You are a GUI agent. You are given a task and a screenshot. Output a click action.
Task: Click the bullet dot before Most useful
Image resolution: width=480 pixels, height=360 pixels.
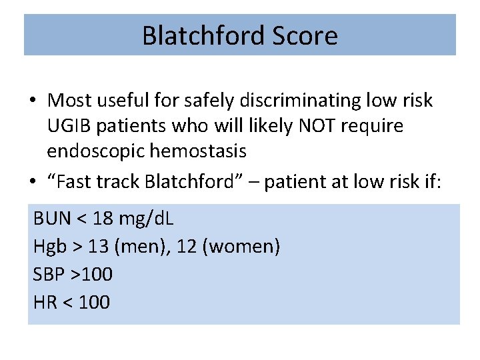[x=33, y=101]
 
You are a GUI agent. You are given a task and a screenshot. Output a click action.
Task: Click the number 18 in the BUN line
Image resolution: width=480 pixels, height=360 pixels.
[x=101, y=218]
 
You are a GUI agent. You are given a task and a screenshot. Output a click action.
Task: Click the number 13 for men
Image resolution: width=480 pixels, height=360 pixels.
[x=99, y=247]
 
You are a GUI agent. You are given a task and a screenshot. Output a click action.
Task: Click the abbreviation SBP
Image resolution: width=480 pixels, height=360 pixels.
[x=49, y=274]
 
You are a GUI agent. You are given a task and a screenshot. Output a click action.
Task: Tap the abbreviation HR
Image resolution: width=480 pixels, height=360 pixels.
[x=45, y=302]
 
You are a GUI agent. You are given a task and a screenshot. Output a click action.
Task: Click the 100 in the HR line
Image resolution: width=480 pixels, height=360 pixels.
[x=94, y=302]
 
